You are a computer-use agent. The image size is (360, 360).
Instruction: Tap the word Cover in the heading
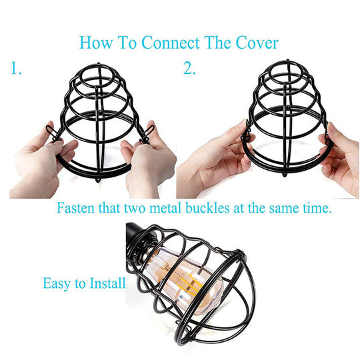(x=255, y=43)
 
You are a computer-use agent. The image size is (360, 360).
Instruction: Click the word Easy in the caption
(x=57, y=283)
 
